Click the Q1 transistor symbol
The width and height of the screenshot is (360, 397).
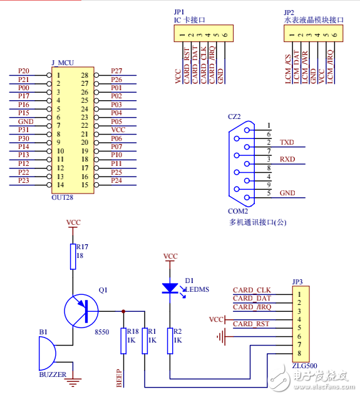pos(81,311)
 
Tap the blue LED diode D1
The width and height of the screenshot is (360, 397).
pos(170,288)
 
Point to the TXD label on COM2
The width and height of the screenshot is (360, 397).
pos(287,142)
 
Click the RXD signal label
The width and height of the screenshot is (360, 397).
pos(287,159)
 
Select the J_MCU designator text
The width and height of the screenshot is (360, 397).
pos(63,63)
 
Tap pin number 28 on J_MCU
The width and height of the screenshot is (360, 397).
pos(85,75)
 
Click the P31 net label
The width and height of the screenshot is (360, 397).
pos(23,130)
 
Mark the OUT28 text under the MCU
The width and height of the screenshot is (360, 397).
pos(62,197)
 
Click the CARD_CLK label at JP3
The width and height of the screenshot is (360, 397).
pos(252,290)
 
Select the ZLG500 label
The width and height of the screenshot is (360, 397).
pos(304,366)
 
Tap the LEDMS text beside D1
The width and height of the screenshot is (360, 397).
pos(199,289)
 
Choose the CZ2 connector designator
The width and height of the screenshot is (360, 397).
pos(234,116)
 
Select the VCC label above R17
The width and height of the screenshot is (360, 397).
pos(73,222)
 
